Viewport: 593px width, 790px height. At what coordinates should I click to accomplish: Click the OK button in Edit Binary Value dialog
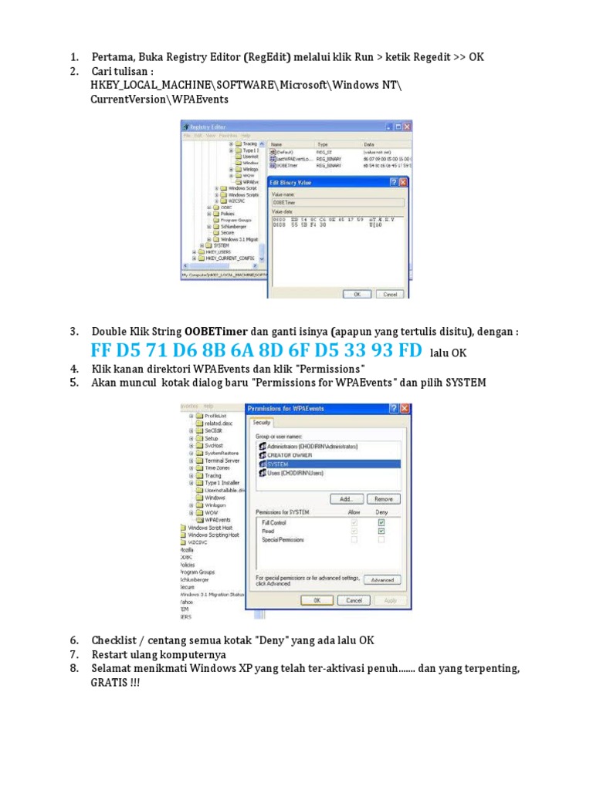[357, 294]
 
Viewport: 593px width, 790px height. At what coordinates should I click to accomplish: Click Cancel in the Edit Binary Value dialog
[389, 294]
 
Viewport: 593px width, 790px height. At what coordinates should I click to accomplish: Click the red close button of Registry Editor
[407, 127]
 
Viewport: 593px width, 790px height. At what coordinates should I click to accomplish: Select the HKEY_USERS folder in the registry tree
[213, 252]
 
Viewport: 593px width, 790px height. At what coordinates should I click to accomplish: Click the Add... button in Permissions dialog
[347, 499]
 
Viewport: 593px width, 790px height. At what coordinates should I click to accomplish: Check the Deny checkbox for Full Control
[381, 522]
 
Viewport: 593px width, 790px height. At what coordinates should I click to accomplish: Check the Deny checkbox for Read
[381, 531]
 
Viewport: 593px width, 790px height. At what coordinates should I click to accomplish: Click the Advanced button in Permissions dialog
[381, 579]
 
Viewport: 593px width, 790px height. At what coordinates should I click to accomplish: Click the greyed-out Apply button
[390, 600]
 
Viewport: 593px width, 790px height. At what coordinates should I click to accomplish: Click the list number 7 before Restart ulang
[74, 654]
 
